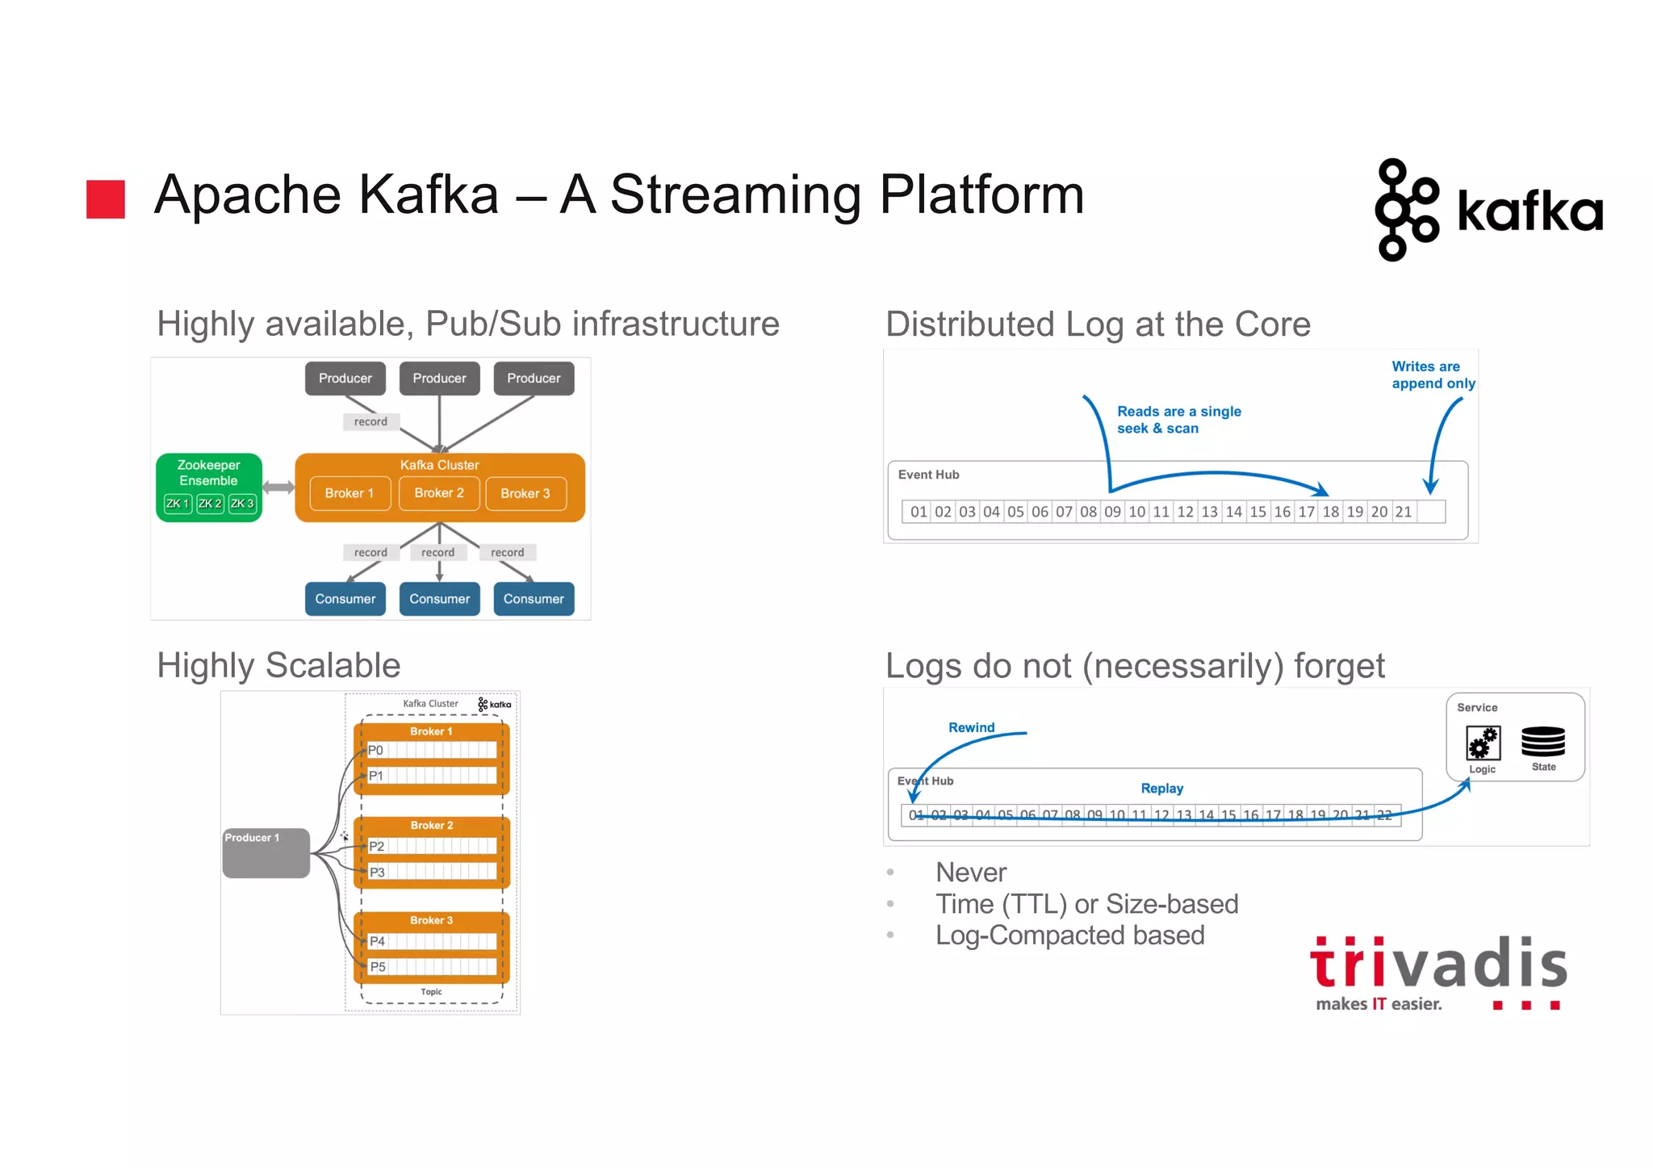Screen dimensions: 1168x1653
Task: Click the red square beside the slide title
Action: click(106, 199)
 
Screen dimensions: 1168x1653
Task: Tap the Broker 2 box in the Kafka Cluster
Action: click(439, 493)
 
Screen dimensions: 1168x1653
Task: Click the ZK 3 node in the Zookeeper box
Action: click(242, 504)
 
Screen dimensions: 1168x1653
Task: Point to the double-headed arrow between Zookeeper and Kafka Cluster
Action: click(278, 487)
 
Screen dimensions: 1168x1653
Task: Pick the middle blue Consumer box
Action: click(439, 599)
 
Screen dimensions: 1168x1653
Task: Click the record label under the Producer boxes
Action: click(370, 421)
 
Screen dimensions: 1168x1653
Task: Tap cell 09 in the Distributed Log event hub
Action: click(1112, 512)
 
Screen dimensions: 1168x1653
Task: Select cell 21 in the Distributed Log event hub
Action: click(1404, 512)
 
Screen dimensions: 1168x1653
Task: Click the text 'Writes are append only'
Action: click(1433, 375)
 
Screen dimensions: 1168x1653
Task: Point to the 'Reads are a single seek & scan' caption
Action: click(1178, 420)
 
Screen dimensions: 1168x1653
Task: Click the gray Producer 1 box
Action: click(266, 852)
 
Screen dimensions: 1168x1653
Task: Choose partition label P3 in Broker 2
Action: click(377, 873)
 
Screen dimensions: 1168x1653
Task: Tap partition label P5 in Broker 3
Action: click(378, 967)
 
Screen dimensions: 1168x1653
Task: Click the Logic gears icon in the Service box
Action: click(1483, 743)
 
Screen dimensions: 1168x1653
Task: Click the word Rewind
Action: click(971, 727)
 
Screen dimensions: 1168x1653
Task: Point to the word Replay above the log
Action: click(1161, 789)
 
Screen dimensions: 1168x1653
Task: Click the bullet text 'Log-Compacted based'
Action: click(1069, 936)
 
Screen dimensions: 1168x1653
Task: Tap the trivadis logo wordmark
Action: click(1438, 964)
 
